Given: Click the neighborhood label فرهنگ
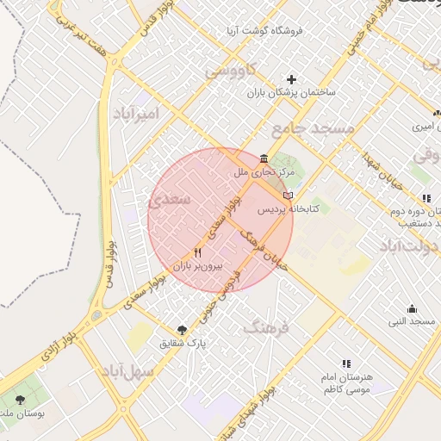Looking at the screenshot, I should point(267,327).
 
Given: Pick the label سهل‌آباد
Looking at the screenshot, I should point(128,371).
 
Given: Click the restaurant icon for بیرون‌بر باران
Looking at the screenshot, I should point(198,253).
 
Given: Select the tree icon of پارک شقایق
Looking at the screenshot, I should point(182,330).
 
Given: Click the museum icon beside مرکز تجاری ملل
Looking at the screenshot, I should point(263,158).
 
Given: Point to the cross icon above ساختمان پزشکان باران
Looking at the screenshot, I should point(292,79).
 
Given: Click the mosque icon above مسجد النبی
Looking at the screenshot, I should point(412,309).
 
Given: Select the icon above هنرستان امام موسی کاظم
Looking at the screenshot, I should point(346,364).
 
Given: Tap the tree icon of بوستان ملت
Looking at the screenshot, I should point(21,400).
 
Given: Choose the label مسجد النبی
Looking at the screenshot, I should point(412,321).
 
